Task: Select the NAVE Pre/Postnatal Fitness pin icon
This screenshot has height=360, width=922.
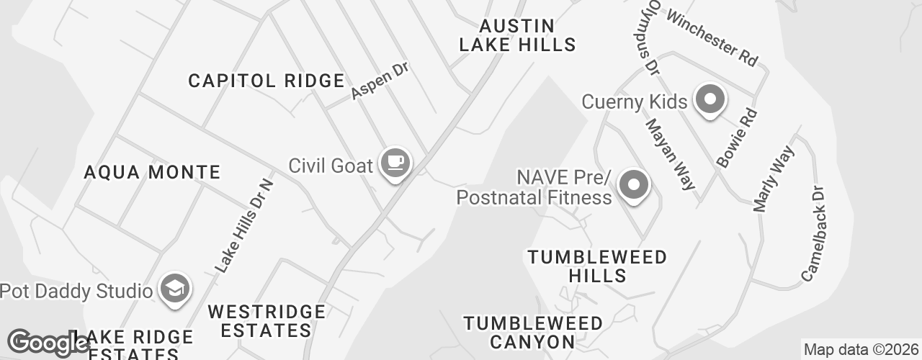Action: (633, 185)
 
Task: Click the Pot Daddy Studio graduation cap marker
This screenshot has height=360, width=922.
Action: (174, 289)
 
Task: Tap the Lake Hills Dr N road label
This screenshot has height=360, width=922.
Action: (245, 225)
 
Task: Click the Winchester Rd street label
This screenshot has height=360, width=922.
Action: (712, 38)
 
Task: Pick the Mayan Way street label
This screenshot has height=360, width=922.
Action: (671, 154)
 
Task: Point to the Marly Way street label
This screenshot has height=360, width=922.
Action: (773, 179)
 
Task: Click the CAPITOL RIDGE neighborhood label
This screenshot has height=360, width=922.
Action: (267, 81)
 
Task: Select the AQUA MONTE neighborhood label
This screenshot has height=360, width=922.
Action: (152, 172)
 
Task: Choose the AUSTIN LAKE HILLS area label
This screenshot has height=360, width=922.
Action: (518, 35)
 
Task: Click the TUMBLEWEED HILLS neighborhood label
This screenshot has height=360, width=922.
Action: (597, 266)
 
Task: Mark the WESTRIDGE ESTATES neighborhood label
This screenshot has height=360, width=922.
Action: (267, 321)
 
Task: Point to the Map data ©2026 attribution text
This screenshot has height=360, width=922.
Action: (861, 350)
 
